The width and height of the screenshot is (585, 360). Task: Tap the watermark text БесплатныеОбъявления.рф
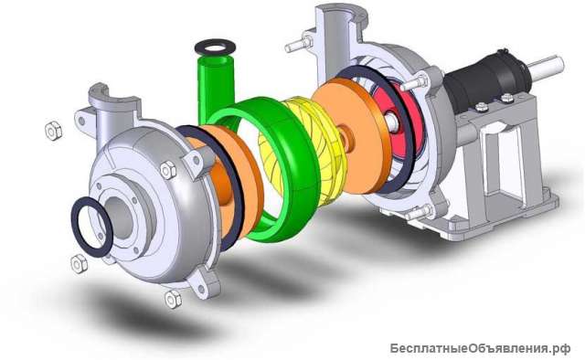click(x=480, y=349)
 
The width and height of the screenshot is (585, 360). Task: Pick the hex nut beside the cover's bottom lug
click(x=173, y=299)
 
